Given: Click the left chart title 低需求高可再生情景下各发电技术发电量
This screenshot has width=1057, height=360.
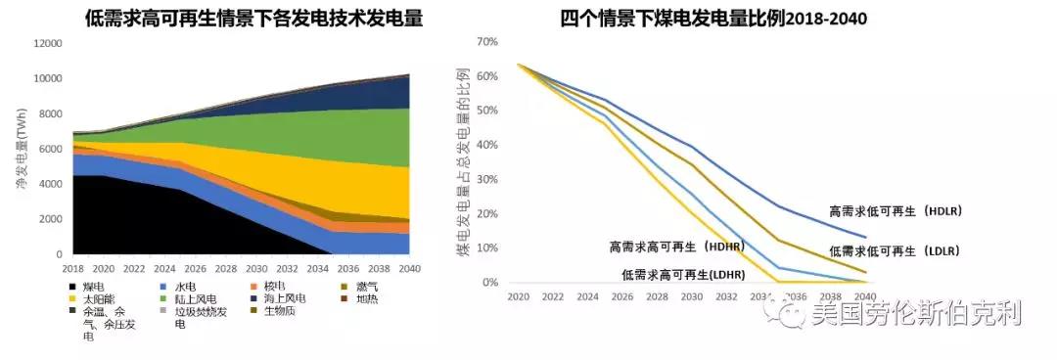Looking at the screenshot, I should [x=240, y=18].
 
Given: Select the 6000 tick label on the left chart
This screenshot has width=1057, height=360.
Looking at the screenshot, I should [x=47, y=149].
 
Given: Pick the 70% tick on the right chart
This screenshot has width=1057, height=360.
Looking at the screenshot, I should [x=485, y=42].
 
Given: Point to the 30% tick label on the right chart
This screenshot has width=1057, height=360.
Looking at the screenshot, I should [x=485, y=180].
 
